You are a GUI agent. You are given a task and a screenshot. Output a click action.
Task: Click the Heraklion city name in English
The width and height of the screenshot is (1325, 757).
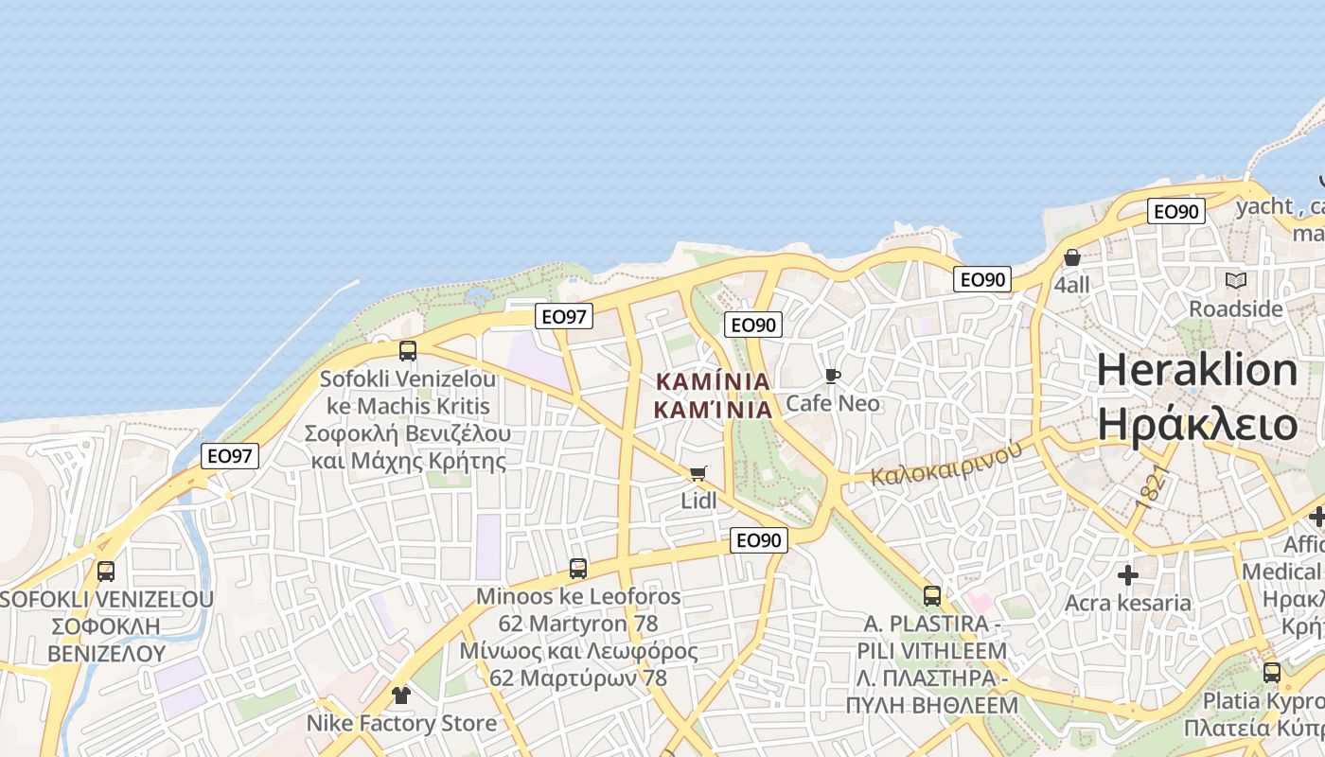(x=1197, y=370)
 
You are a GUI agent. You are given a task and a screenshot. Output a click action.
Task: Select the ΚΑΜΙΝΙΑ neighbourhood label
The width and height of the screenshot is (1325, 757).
(x=714, y=396)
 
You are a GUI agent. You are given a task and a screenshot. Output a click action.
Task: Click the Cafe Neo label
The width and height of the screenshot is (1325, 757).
(x=833, y=404)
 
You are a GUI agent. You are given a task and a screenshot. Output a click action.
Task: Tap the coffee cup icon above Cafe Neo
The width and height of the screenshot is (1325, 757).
(x=833, y=377)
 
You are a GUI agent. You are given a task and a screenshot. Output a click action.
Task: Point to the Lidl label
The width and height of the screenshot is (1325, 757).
(x=698, y=501)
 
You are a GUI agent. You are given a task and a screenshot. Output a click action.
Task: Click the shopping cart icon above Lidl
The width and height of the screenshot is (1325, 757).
(x=698, y=473)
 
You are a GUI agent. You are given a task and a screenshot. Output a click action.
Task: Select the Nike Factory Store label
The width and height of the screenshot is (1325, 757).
(x=401, y=724)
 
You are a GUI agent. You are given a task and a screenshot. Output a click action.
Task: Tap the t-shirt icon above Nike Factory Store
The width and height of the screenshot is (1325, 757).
(x=401, y=695)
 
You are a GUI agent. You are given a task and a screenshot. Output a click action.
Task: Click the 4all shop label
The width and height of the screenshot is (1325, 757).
(x=1072, y=285)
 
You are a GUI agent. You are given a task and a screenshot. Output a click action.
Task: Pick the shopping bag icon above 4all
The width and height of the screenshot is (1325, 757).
(x=1072, y=257)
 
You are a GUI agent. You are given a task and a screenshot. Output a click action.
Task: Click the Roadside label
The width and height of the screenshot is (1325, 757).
(x=1236, y=309)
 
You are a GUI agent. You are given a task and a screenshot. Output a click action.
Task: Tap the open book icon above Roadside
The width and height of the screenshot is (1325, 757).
(x=1236, y=280)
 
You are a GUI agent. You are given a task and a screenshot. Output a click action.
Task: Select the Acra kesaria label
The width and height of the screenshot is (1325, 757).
(x=1128, y=603)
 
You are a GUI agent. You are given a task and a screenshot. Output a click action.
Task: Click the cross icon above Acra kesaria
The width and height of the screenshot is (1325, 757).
(x=1128, y=575)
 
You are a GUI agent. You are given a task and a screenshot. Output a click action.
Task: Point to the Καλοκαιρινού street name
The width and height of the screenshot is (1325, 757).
(x=946, y=461)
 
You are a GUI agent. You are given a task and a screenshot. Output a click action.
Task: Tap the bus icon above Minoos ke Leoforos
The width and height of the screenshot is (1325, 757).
(x=578, y=569)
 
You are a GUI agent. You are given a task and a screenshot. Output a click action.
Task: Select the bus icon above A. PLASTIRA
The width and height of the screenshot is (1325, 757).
(x=932, y=596)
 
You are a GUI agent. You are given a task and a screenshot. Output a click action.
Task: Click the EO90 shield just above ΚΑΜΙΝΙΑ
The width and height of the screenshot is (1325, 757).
(x=753, y=325)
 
